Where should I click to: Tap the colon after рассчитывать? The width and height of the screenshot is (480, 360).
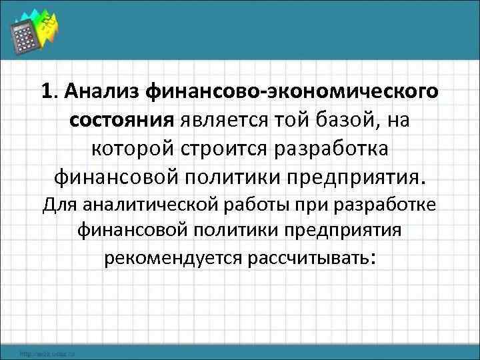pos(372,259)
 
